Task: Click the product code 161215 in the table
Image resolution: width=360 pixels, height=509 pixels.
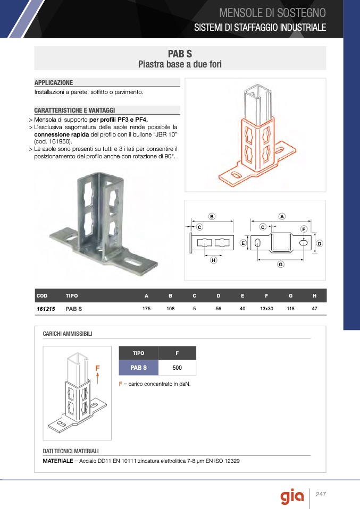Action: tap(46, 309)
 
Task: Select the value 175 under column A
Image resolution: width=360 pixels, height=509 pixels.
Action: tap(147, 308)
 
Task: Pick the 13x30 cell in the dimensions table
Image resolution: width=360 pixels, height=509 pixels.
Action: tap(266, 308)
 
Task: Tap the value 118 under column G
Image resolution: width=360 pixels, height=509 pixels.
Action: tap(290, 308)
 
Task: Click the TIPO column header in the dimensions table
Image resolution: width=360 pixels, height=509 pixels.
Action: tap(72, 296)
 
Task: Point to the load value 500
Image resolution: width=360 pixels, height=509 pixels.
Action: tap(177, 368)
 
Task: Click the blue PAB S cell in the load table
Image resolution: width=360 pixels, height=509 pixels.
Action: tap(138, 368)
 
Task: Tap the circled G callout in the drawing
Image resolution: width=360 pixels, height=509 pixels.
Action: tap(281, 264)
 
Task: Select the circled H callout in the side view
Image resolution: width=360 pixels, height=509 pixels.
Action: tap(213, 260)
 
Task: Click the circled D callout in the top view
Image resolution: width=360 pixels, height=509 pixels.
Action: tap(320, 243)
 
